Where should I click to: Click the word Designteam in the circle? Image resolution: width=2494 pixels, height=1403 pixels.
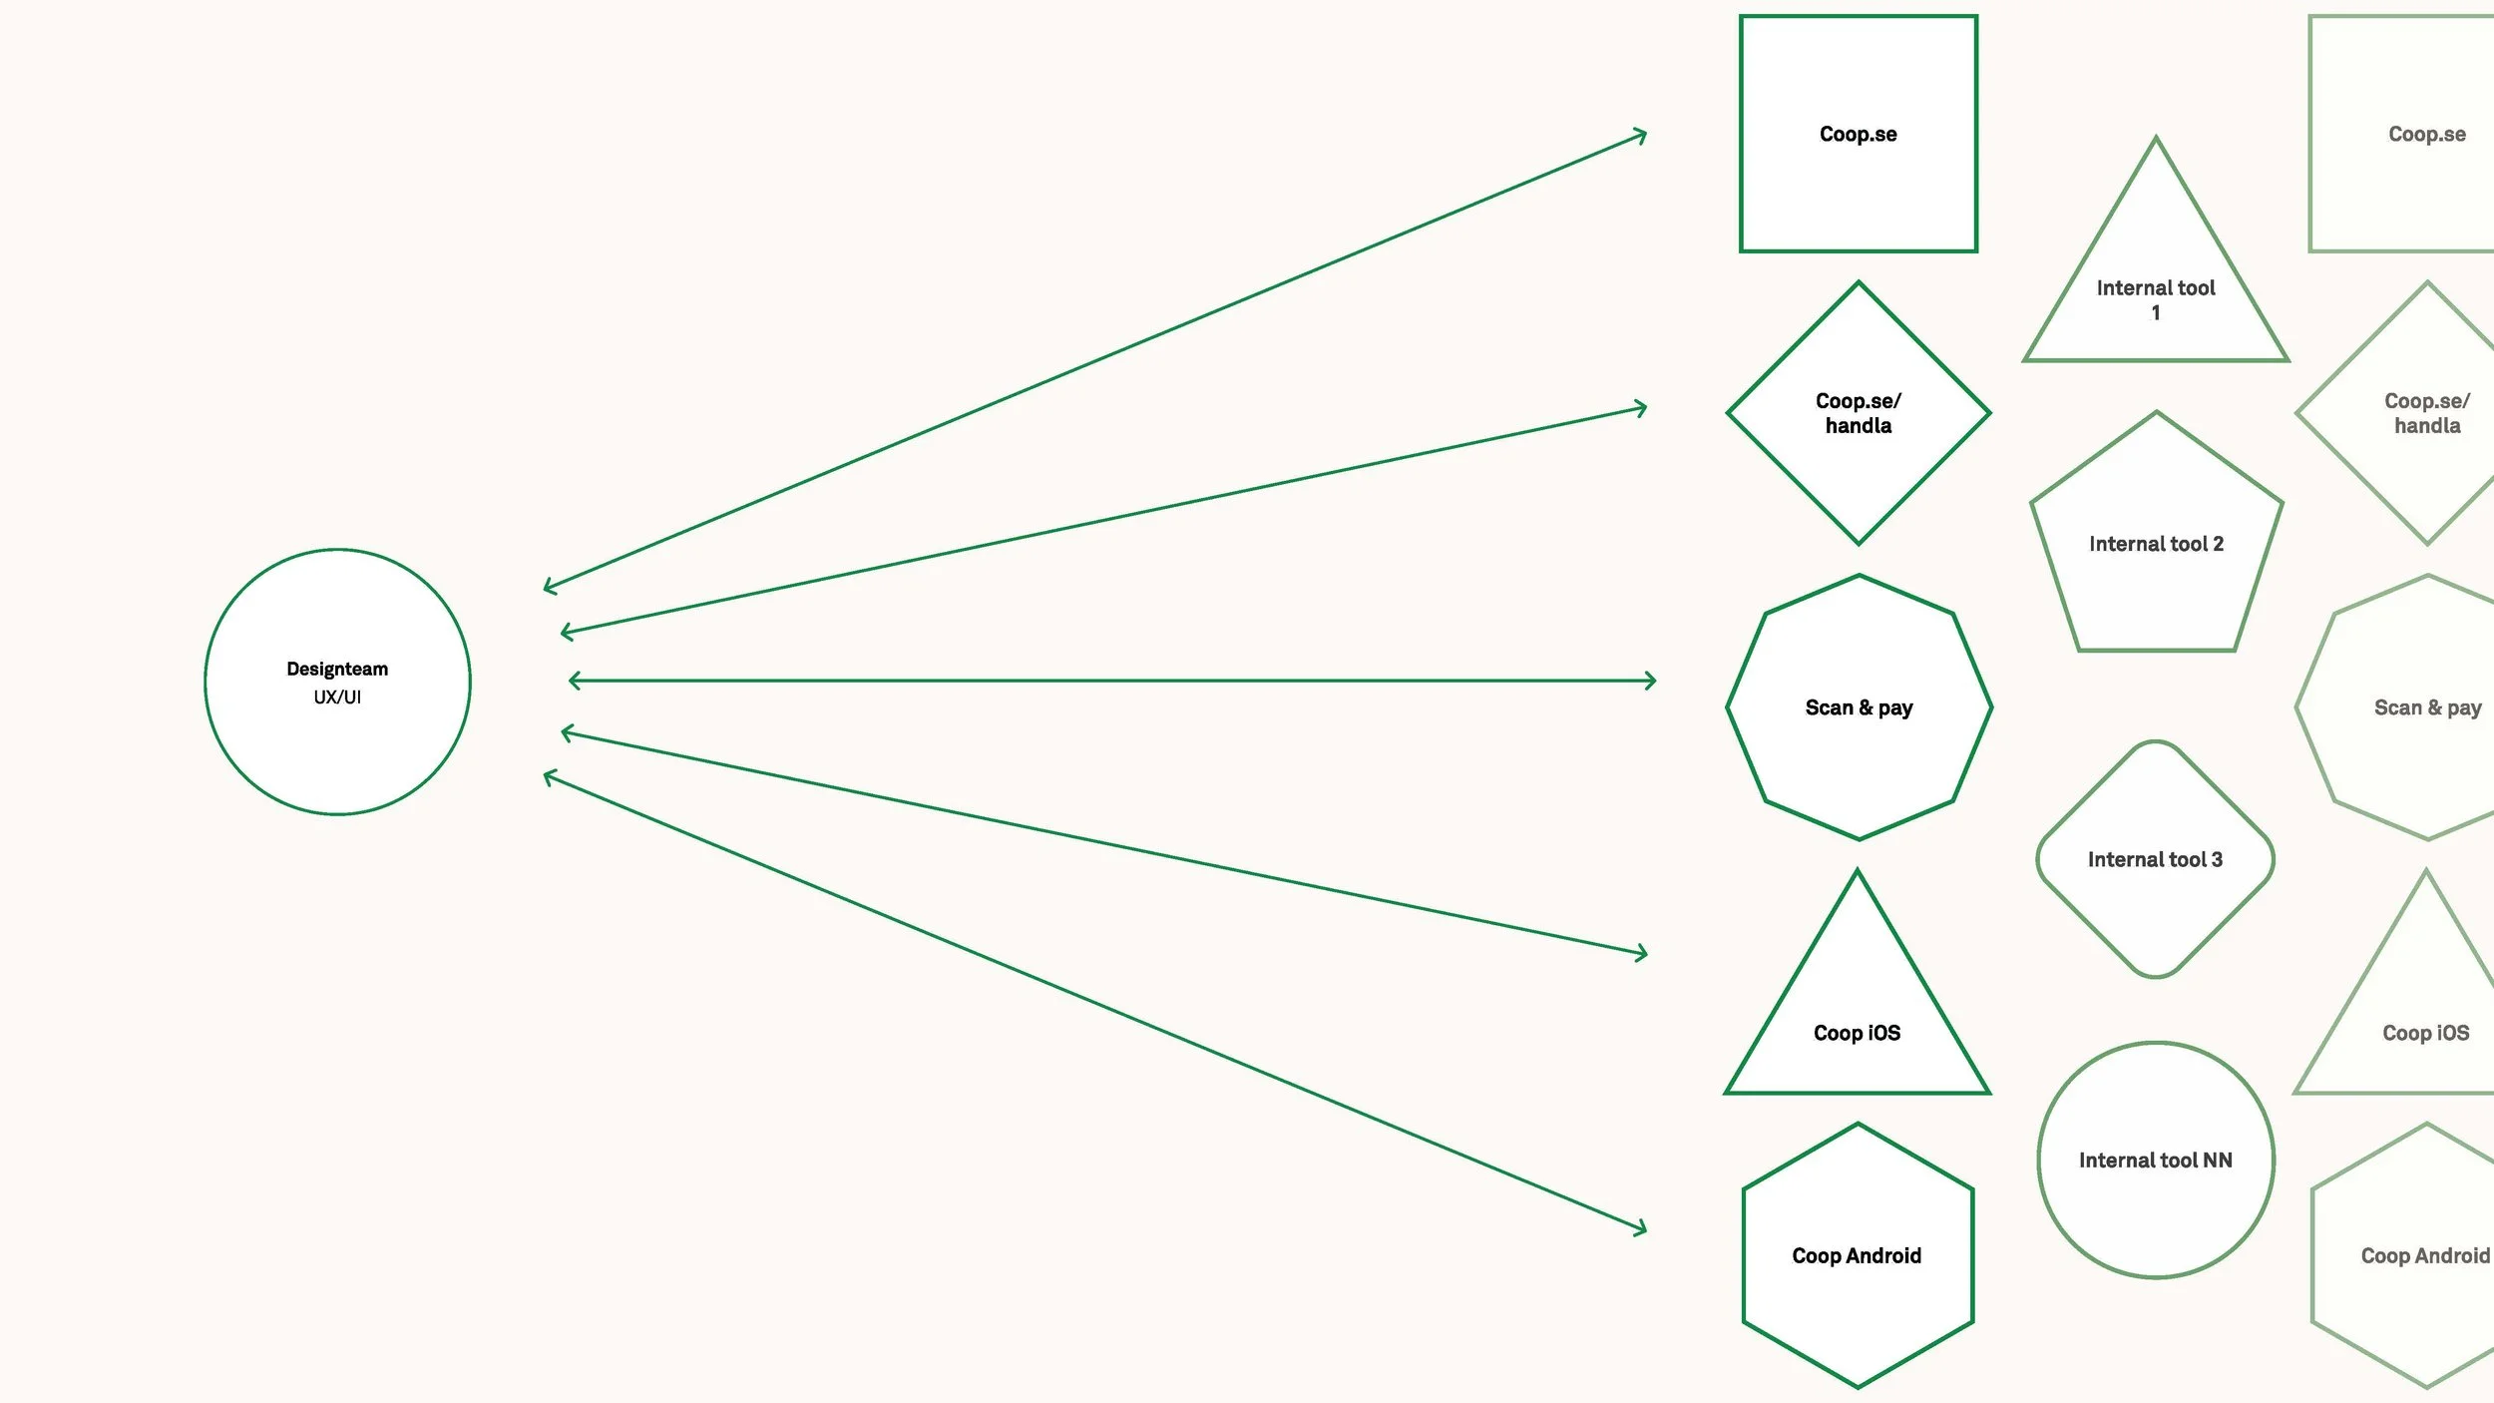(x=337, y=669)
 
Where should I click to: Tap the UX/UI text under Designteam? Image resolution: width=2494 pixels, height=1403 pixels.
(x=337, y=698)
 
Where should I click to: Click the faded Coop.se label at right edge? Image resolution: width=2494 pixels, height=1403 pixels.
(x=2426, y=134)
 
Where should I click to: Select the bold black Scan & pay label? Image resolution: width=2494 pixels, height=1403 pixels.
(x=1859, y=707)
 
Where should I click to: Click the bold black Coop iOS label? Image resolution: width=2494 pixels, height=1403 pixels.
(x=1857, y=1033)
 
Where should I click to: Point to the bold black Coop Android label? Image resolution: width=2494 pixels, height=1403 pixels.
(x=1857, y=1255)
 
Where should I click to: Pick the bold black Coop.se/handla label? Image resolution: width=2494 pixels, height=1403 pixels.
(x=1858, y=413)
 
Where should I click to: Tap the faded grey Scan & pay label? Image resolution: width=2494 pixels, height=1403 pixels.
(x=2427, y=707)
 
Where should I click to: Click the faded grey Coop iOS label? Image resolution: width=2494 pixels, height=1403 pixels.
(x=2425, y=1033)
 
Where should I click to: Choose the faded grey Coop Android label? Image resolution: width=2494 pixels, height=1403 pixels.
(x=2424, y=1255)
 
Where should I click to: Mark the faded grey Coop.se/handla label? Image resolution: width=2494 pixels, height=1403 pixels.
(x=2426, y=413)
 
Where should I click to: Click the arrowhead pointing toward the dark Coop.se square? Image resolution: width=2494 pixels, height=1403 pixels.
(x=1641, y=135)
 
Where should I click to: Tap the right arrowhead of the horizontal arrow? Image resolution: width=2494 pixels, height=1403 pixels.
(x=1651, y=681)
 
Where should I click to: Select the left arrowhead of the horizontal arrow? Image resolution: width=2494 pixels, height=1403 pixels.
(x=574, y=681)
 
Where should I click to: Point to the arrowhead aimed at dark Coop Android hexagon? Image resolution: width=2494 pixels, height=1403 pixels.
(x=1641, y=1229)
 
